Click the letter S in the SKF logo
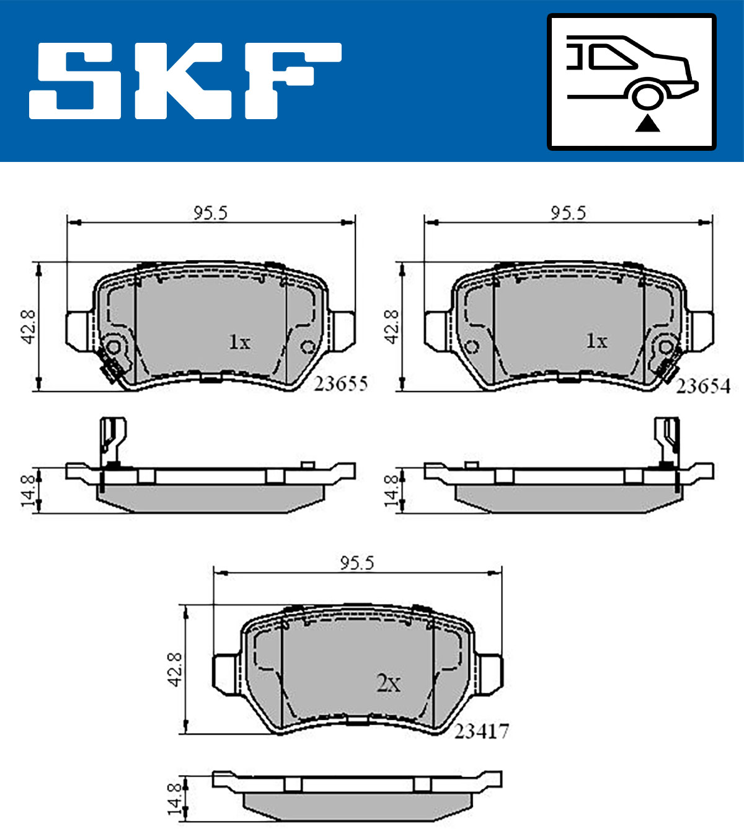coord(75,81)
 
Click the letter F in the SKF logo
coord(293,81)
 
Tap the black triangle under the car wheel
coord(647,124)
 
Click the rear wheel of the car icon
coord(648,97)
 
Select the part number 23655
coord(340,384)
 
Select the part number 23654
coord(703,386)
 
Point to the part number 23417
coord(482,732)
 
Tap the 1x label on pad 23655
coord(239,342)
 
